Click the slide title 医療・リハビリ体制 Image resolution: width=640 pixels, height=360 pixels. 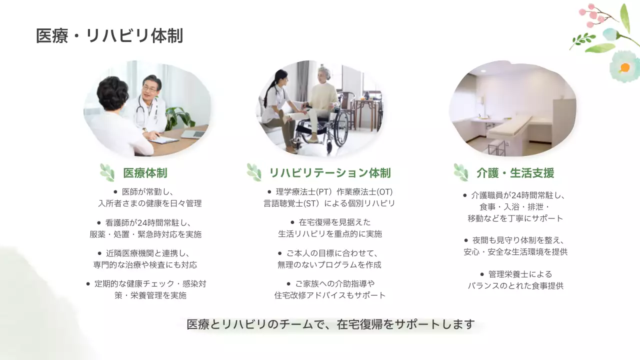tap(109, 36)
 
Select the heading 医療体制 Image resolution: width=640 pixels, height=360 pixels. tap(145, 173)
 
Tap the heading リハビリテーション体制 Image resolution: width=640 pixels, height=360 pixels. tap(329, 173)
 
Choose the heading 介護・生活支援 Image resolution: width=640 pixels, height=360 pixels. tap(515, 173)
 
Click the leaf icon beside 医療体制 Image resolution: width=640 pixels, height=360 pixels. tap(107, 172)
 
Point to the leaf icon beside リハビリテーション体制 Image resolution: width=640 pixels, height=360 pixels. tap(254, 172)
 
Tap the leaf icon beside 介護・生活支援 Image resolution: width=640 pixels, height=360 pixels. tap(460, 172)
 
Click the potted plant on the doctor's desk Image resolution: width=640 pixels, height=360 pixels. tap(178, 117)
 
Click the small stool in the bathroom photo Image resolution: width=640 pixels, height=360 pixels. tap(496, 146)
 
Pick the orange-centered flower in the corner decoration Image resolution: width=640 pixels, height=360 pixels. tap(624, 67)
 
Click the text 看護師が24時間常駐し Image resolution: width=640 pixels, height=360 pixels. tap(149, 222)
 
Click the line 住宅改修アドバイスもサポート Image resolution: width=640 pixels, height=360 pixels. tap(330, 295)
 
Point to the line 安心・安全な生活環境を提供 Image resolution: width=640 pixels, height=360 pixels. tap(515, 252)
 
